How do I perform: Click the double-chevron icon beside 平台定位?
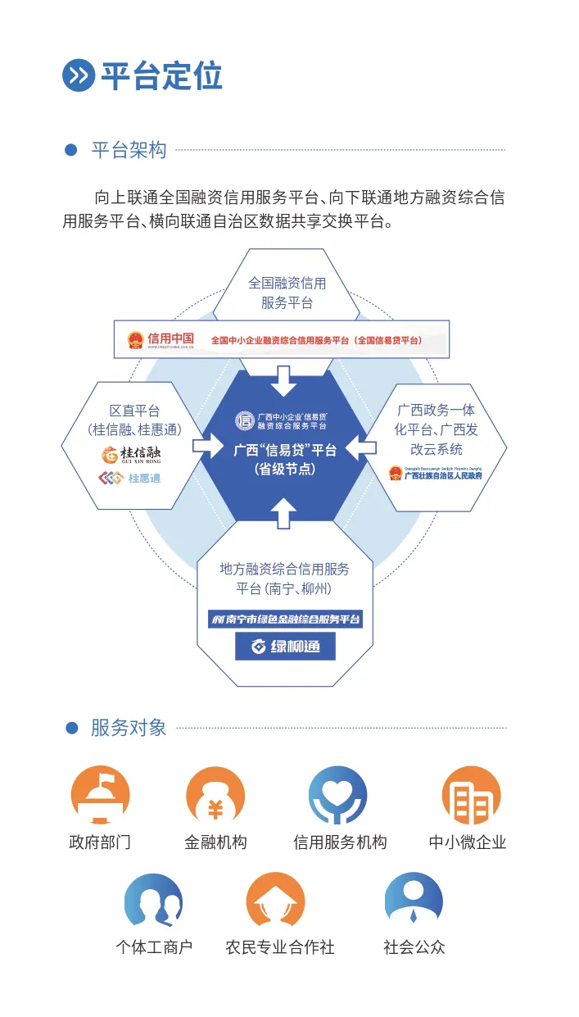point(79,76)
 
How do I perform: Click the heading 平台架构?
point(129,150)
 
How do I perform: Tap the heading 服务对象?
point(129,728)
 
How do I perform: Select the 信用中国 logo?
point(161,339)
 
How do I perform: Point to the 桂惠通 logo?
point(130,478)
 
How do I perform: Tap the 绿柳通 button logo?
point(285,647)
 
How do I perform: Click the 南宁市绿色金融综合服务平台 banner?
point(286,619)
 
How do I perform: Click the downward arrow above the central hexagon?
point(285,379)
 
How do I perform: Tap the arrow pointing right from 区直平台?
point(209,447)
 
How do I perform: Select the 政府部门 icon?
point(100,796)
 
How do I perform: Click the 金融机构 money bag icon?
point(215,796)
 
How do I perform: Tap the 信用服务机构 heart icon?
point(338,796)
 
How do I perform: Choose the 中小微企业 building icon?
point(470,796)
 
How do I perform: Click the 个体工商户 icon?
point(153,901)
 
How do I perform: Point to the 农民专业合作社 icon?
point(275,901)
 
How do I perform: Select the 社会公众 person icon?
point(414,901)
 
